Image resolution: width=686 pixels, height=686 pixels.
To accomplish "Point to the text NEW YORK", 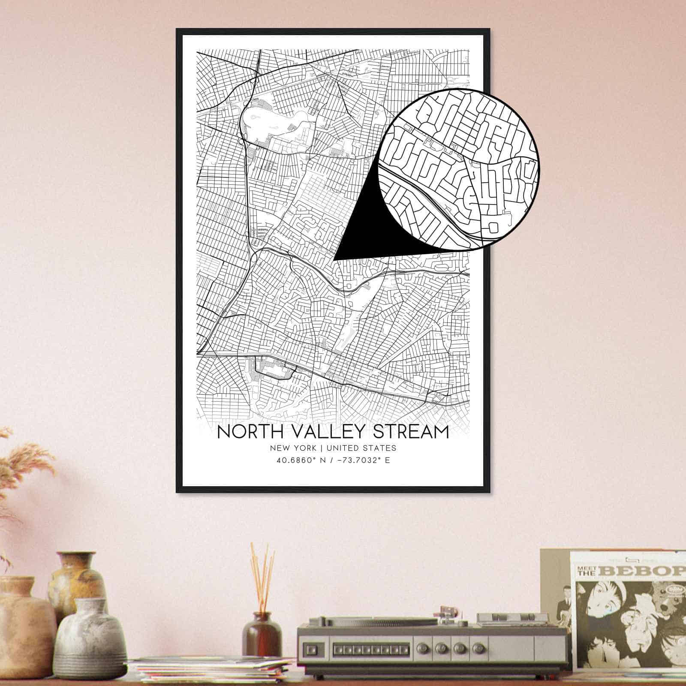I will pos(293,448).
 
